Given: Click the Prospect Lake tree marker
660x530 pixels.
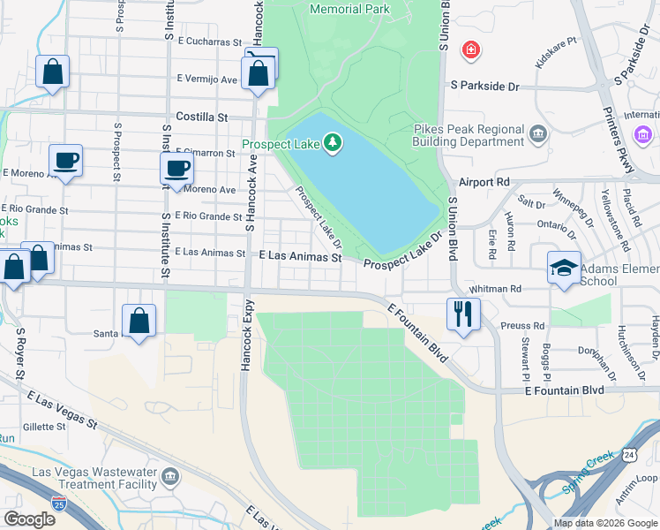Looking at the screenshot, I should click(x=333, y=142).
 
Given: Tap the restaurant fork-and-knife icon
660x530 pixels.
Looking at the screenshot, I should click(x=462, y=314).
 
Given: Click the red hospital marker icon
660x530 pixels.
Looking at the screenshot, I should click(x=472, y=49).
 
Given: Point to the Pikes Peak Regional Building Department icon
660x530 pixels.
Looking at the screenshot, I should click(x=537, y=135).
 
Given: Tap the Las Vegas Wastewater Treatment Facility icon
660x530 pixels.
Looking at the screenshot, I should click(x=170, y=478).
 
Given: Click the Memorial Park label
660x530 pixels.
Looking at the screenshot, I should click(x=349, y=9).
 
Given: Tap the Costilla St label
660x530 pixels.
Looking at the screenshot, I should click(x=202, y=117).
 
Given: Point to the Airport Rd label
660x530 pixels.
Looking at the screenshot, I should click(x=484, y=181).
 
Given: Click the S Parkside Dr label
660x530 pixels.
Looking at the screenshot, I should click(x=485, y=86).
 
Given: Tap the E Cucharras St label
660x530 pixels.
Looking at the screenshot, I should click(x=209, y=42).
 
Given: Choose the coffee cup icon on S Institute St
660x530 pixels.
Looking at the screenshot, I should click(x=176, y=169).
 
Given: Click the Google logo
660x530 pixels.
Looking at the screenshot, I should click(x=30, y=519).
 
